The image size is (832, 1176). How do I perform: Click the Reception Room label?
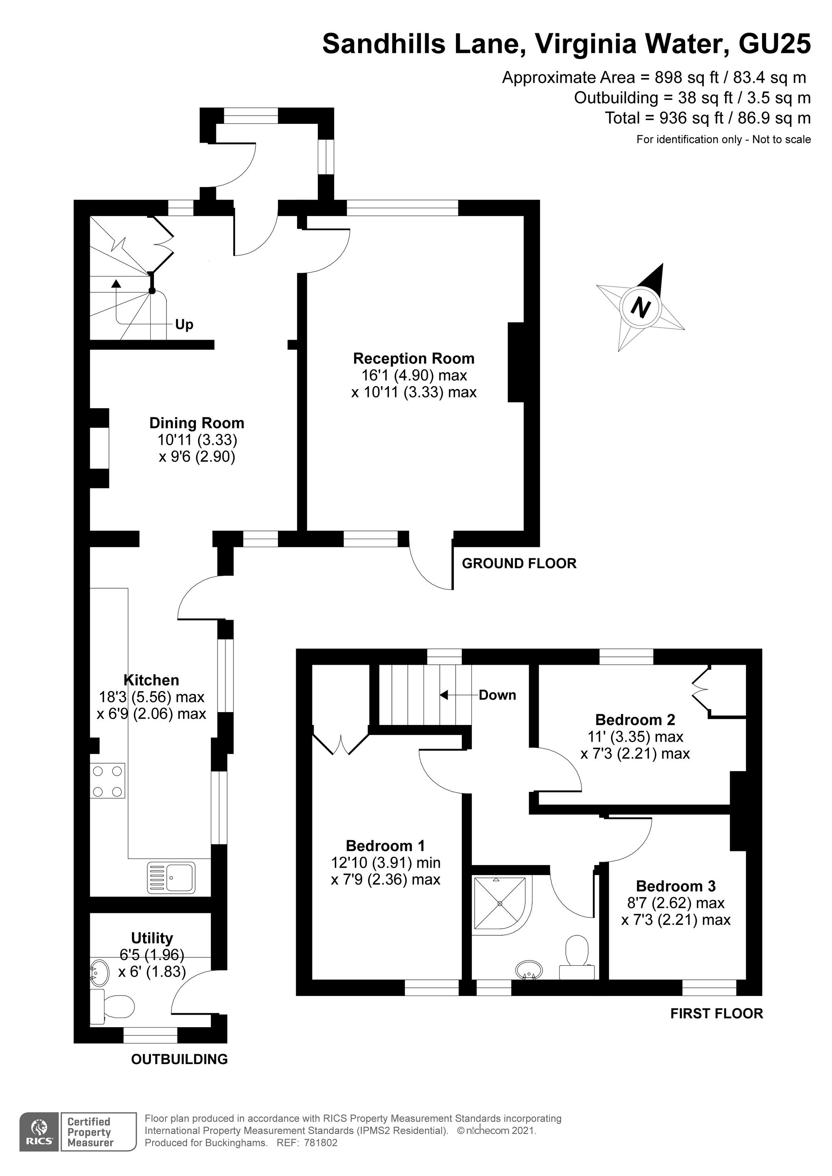tap(414, 358)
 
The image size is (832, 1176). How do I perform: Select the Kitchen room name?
tap(151, 680)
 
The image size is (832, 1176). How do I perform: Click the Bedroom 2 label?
tap(635, 719)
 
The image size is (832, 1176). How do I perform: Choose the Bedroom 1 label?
tap(386, 845)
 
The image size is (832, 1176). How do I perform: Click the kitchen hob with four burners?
tap(108, 781)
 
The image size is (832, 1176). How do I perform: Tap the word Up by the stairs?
tap(184, 325)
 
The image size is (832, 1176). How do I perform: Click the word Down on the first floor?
tap(497, 695)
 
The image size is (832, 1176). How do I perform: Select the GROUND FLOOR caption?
tap(519, 563)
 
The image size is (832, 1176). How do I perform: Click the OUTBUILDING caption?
tap(179, 1059)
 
